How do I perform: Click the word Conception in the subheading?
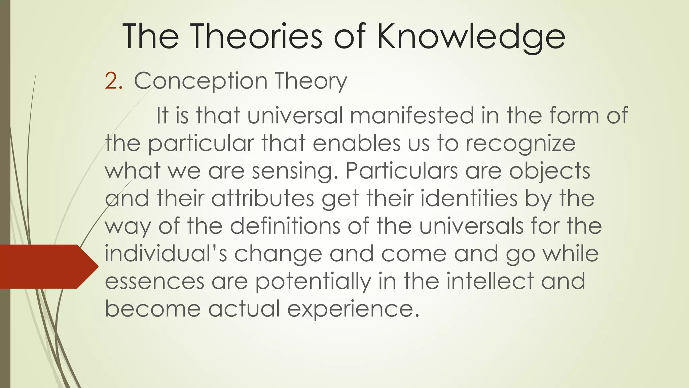[x=201, y=82]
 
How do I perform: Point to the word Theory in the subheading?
[x=311, y=82]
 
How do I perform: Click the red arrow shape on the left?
[x=47, y=266]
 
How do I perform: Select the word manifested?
[x=412, y=116]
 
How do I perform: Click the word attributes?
[x=263, y=198]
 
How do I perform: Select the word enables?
[x=357, y=143]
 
